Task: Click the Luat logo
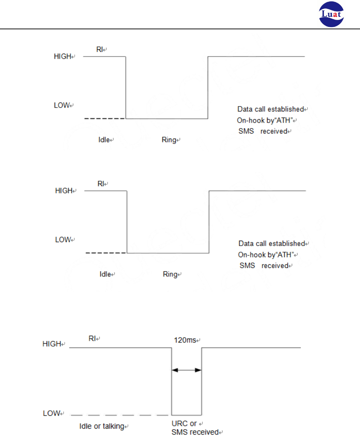tap(331, 14)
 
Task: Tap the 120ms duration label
tap(185, 340)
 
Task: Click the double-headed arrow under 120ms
tap(186, 370)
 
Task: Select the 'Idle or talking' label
tap(102, 426)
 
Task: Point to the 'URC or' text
tap(184, 424)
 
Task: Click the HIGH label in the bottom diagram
tap(52, 344)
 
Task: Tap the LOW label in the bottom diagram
tap(52, 413)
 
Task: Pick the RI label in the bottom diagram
tap(92, 338)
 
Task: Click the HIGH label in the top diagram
tap(63, 56)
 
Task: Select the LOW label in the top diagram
tap(62, 105)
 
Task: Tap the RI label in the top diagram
tap(100, 49)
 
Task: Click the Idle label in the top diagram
tap(104, 140)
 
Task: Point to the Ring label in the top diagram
tap(169, 140)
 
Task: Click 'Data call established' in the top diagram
tap(271, 109)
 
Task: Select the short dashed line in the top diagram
tap(105, 118)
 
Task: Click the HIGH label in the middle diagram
tap(64, 191)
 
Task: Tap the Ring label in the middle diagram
tap(170, 274)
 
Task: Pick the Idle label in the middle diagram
tap(105, 274)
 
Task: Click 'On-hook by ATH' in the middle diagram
tap(266, 255)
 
